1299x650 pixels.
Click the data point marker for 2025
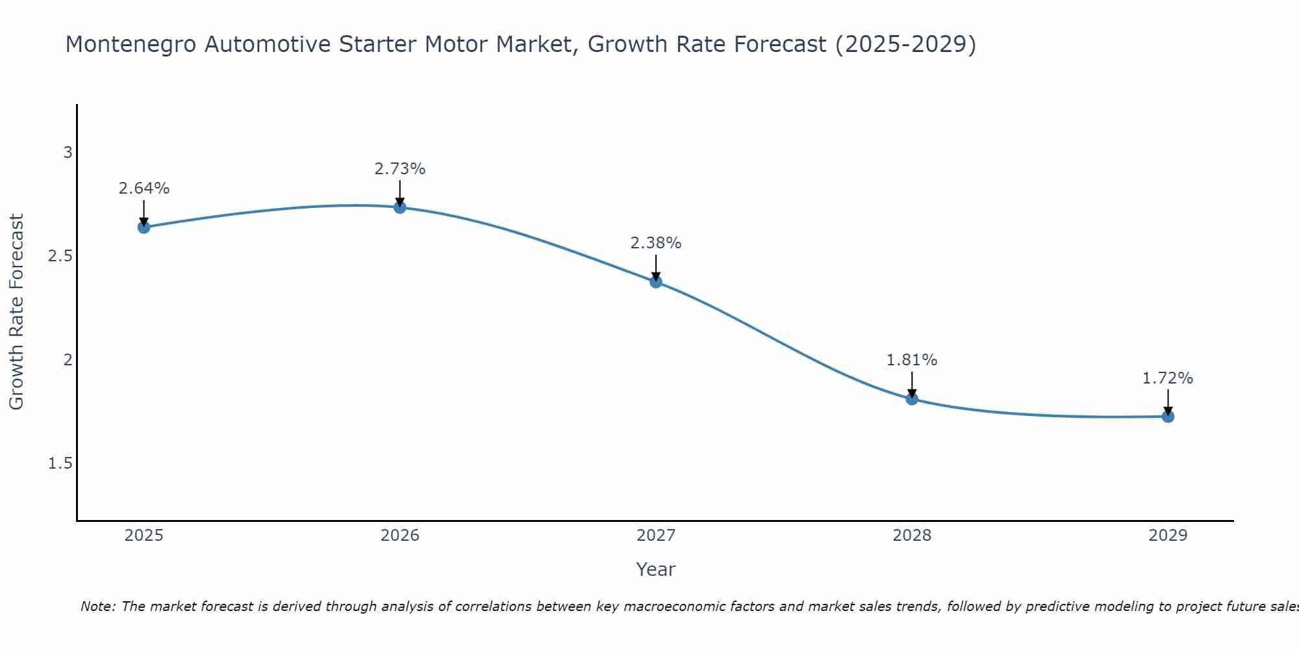coord(144,227)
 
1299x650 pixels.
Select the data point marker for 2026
coord(400,207)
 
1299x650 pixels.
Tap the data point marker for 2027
coord(656,281)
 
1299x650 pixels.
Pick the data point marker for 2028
coord(912,398)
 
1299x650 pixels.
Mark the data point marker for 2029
coord(1168,416)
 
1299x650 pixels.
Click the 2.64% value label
coord(144,188)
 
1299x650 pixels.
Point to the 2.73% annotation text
coord(400,169)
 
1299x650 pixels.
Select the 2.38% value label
coord(656,243)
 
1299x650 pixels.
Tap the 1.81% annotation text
coord(912,360)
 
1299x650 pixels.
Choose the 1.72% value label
coord(1168,378)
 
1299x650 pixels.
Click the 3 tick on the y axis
coord(68,153)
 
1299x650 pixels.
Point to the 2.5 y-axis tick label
coord(60,256)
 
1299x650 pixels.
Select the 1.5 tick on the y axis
coord(60,463)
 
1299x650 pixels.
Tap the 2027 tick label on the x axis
coord(656,536)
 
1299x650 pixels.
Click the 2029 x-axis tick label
coord(1168,536)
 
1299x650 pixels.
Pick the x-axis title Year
coord(656,569)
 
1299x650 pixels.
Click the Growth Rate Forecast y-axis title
coord(17,312)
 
